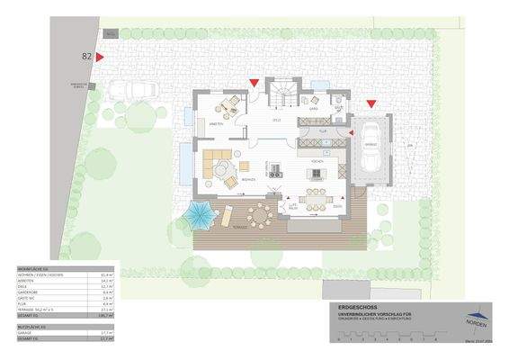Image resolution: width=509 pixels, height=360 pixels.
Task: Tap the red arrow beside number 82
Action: [x=101, y=56]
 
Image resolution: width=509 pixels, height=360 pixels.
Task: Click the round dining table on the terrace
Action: [x=261, y=214]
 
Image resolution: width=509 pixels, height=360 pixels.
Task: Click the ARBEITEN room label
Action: [x=216, y=123]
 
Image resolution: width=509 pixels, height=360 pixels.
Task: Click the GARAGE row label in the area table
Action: [x=28, y=332]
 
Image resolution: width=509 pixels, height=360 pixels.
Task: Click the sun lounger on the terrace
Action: [x=227, y=216]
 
